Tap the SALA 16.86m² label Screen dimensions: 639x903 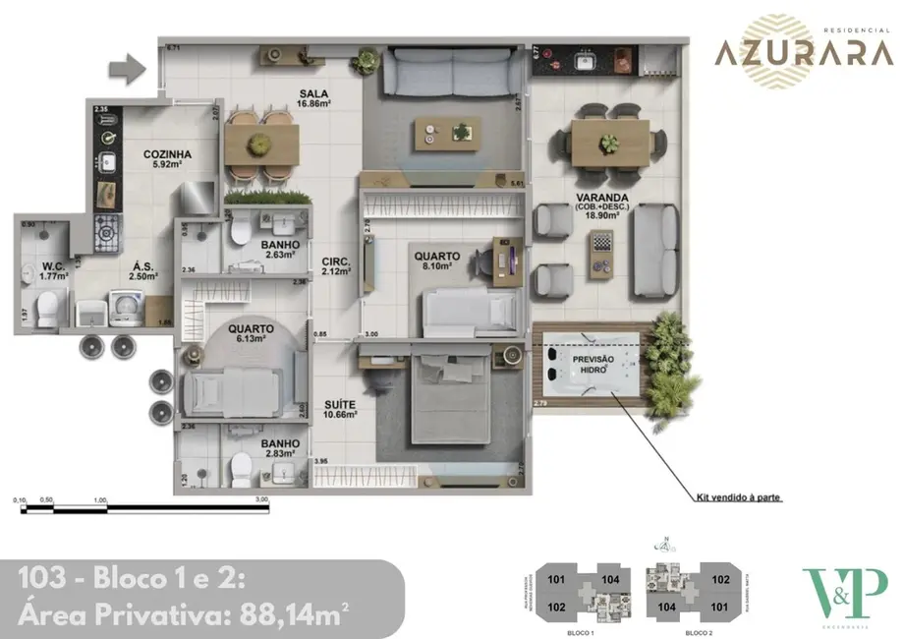[314, 99]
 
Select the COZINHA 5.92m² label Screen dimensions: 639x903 [166, 159]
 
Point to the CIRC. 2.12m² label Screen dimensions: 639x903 [338, 266]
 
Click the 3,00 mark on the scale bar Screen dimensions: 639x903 [260, 499]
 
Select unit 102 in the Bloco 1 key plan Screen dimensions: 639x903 [555, 607]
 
